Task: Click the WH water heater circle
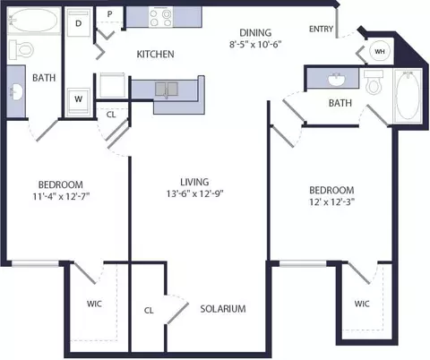tap(380, 51)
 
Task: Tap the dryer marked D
tap(78, 22)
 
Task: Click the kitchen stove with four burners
tap(160, 18)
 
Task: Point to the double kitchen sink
tap(167, 89)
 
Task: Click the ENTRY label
tap(321, 29)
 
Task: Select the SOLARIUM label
tap(223, 309)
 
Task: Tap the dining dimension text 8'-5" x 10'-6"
tap(255, 44)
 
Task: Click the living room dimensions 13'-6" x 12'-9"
tap(194, 193)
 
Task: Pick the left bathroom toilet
tap(21, 49)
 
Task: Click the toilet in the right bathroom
tap(374, 82)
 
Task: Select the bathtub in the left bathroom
tap(34, 21)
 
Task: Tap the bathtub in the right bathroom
tap(408, 96)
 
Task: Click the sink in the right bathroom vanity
tap(337, 80)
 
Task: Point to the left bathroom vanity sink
tap(16, 92)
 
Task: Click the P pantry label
tap(109, 14)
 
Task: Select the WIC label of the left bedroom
tap(94, 304)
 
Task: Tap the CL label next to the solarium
tap(149, 311)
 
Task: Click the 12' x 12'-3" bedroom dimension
tap(331, 202)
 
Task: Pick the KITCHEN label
tap(155, 54)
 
